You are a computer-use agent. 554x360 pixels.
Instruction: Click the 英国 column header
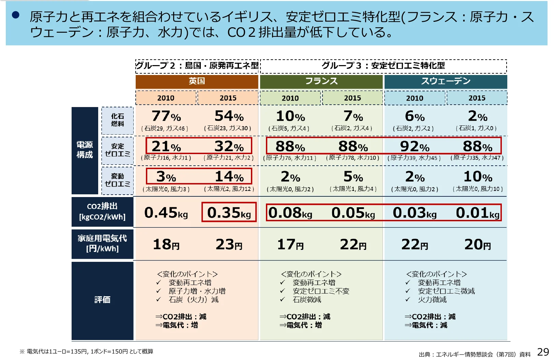(x=197, y=81)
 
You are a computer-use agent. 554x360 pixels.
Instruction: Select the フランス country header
(x=321, y=81)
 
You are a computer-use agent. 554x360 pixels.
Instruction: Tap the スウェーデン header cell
(x=446, y=81)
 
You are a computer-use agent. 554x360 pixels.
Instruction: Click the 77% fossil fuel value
(x=166, y=116)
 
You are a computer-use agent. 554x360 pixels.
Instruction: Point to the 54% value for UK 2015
(x=229, y=116)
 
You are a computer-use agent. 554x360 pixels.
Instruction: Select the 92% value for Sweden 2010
(x=415, y=146)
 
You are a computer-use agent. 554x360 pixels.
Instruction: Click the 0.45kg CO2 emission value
(x=166, y=213)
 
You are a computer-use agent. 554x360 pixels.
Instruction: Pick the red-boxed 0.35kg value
(x=229, y=212)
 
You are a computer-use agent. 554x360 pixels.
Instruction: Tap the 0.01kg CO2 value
(x=477, y=213)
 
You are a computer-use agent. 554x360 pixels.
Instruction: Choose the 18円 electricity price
(x=166, y=244)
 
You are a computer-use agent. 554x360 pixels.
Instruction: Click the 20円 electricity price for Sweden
(x=477, y=244)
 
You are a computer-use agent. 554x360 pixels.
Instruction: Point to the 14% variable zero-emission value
(x=229, y=177)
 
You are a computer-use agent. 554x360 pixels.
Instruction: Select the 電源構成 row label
(x=85, y=150)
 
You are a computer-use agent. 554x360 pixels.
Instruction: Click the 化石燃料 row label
(x=117, y=120)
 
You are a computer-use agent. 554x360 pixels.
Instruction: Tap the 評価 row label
(x=102, y=300)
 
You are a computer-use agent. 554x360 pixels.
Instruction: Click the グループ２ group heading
(x=197, y=65)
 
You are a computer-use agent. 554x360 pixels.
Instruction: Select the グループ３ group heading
(x=383, y=65)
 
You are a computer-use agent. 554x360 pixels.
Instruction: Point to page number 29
(x=543, y=352)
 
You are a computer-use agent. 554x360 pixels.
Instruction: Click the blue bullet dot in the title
(x=16, y=15)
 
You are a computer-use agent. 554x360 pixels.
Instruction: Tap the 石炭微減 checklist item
(x=307, y=300)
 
